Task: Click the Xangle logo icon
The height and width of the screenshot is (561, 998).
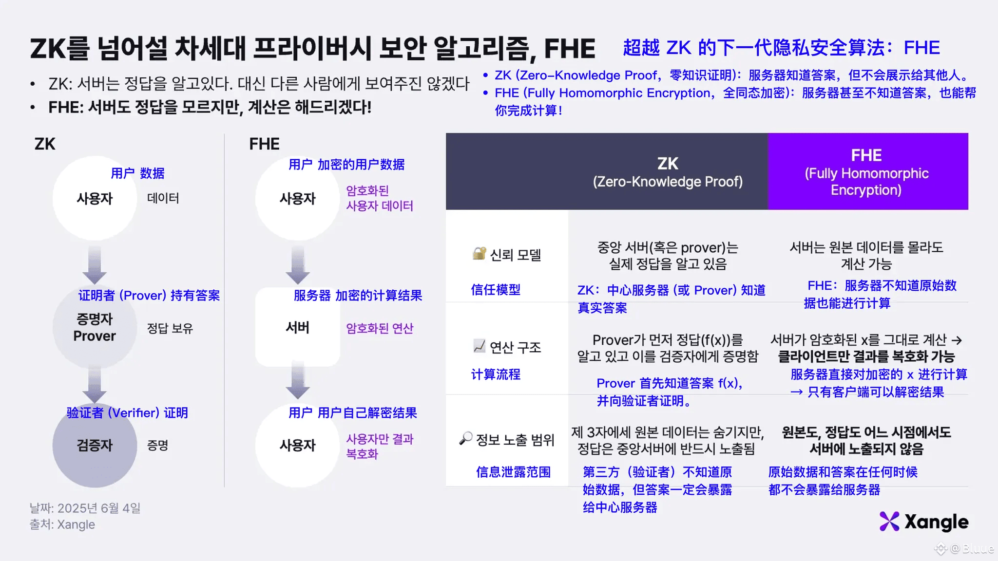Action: (889, 522)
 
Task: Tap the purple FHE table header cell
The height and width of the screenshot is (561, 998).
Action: (868, 171)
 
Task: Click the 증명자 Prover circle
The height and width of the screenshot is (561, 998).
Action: (95, 328)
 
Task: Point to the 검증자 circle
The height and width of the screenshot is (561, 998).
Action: (95, 446)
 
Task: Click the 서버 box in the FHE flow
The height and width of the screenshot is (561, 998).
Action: (297, 327)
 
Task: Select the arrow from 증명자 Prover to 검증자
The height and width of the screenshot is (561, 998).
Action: (95, 385)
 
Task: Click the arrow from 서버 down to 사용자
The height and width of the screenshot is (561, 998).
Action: (298, 380)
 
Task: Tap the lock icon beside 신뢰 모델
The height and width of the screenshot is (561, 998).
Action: (480, 253)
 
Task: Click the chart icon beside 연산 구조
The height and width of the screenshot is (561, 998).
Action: (480, 346)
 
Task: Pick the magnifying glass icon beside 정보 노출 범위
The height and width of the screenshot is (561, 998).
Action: (466, 438)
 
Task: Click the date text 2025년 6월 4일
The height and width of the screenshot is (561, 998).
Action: (99, 508)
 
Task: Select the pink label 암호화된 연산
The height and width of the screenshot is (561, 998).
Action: (380, 328)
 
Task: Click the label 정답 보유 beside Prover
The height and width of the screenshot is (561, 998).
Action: (170, 328)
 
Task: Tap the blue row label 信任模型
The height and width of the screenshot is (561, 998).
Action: (496, 290)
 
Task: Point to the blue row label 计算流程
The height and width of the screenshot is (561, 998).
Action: (496, 374)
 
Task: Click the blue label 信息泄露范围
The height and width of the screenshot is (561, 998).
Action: (513, 472)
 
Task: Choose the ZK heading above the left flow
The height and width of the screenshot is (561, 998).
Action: (45, 144)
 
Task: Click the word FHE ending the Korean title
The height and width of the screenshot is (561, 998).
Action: (570, 48)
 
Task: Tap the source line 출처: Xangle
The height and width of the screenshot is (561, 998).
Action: (62, 524)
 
